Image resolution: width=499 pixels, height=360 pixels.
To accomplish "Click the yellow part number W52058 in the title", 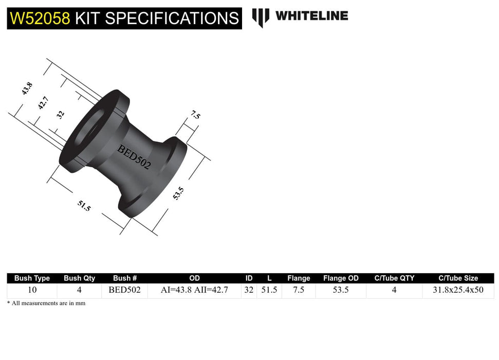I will [40, 19].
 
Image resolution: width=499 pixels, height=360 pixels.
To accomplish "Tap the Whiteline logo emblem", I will [261, 17].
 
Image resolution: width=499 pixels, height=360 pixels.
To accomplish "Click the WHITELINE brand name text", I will [311, 16].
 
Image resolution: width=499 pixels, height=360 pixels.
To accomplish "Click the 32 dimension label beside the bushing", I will [61, 114].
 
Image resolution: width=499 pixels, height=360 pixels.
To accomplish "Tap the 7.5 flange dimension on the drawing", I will [195, 116].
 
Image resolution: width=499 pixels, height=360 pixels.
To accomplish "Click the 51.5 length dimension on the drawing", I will [84, 206].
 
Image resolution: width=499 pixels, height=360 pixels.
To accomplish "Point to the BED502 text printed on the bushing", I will [134, 157].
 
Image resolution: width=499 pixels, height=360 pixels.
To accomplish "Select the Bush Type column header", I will [32, 278].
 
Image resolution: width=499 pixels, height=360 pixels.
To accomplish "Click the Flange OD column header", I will [341, 278].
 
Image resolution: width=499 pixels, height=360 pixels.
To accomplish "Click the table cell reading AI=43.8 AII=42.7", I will [194, 290].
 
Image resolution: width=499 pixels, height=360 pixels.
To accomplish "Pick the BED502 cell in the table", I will [124, 290].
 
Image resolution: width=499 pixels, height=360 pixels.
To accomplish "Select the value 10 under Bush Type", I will [32, 290].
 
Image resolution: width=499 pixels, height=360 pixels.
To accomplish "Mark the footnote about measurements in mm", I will [46, 303].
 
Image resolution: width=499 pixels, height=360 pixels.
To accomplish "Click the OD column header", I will [194, 278].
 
